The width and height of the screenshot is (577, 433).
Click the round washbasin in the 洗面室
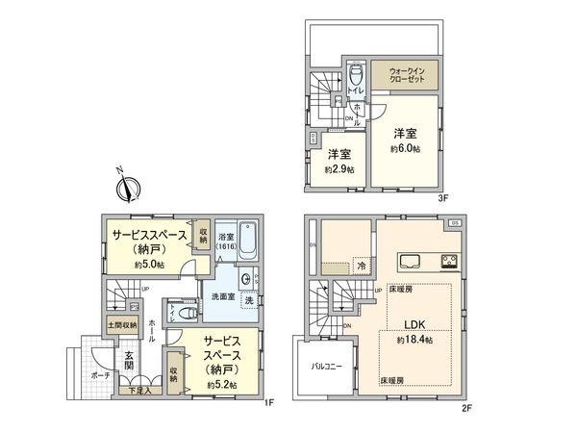pyautogui.click(x=247, y=280)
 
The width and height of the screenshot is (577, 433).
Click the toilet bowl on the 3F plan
pyautogui.click(x=356, y=75)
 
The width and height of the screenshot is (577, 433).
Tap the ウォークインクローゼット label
pyautogui.click(x=413, y=74)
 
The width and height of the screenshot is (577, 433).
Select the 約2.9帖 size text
pyautogui.click(x=339, y=169)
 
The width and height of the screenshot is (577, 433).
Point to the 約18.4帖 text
pyautogui.click(x=414, y=340)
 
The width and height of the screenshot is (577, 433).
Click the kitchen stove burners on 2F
pyautogui.click(x=450, y=261)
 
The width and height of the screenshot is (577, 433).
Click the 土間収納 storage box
pyautogui.click(x=121, y=324)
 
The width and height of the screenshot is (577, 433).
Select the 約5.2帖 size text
pyautogui.click(x=223, y=385)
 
